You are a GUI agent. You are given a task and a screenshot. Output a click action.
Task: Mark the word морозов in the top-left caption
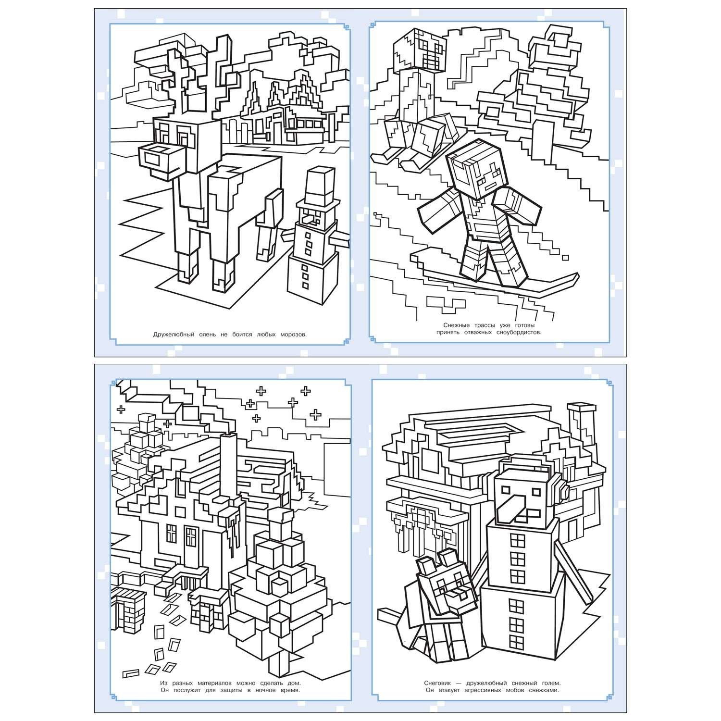tap(293, 335)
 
